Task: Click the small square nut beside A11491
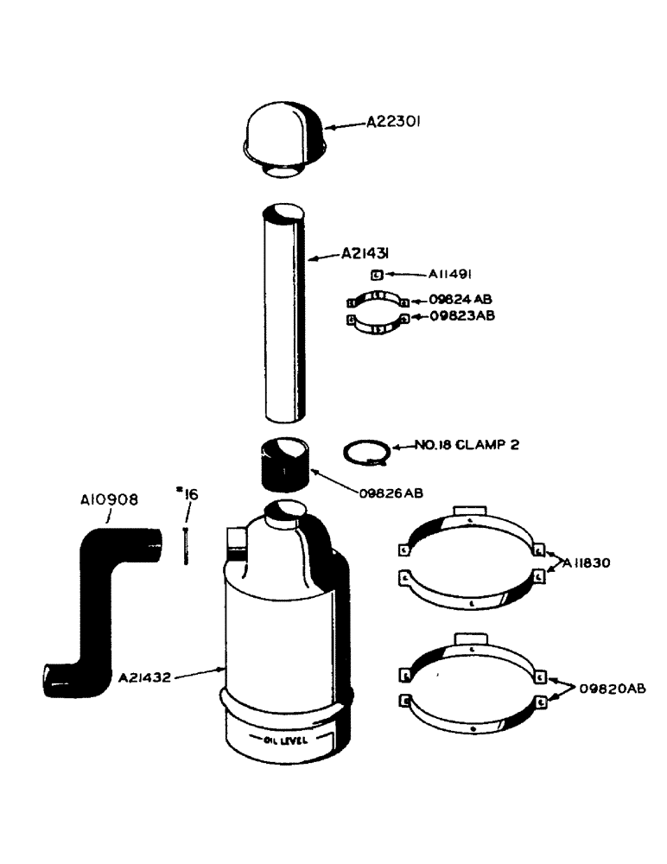coord(378,276)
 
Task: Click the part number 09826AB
coord(391,493)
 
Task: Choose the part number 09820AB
coord(613,689)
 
